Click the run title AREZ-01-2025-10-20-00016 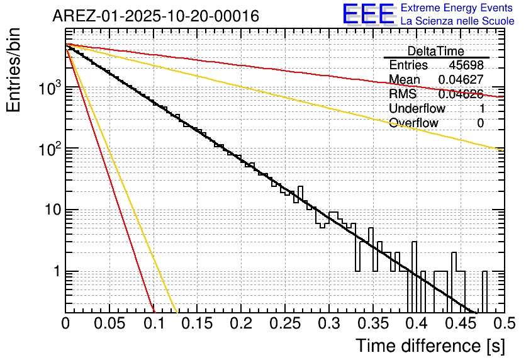(155, 16)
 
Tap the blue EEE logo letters (368, 14)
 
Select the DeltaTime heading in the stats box (436, 51)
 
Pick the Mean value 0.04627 (461, 80)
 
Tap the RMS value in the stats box (461, 94)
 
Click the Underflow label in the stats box (417, 108)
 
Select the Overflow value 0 (480, 123)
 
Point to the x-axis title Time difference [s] (430, 346)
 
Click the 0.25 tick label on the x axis (284, 323)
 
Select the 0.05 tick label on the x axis (109, 323)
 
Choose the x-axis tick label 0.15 (197, 323)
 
